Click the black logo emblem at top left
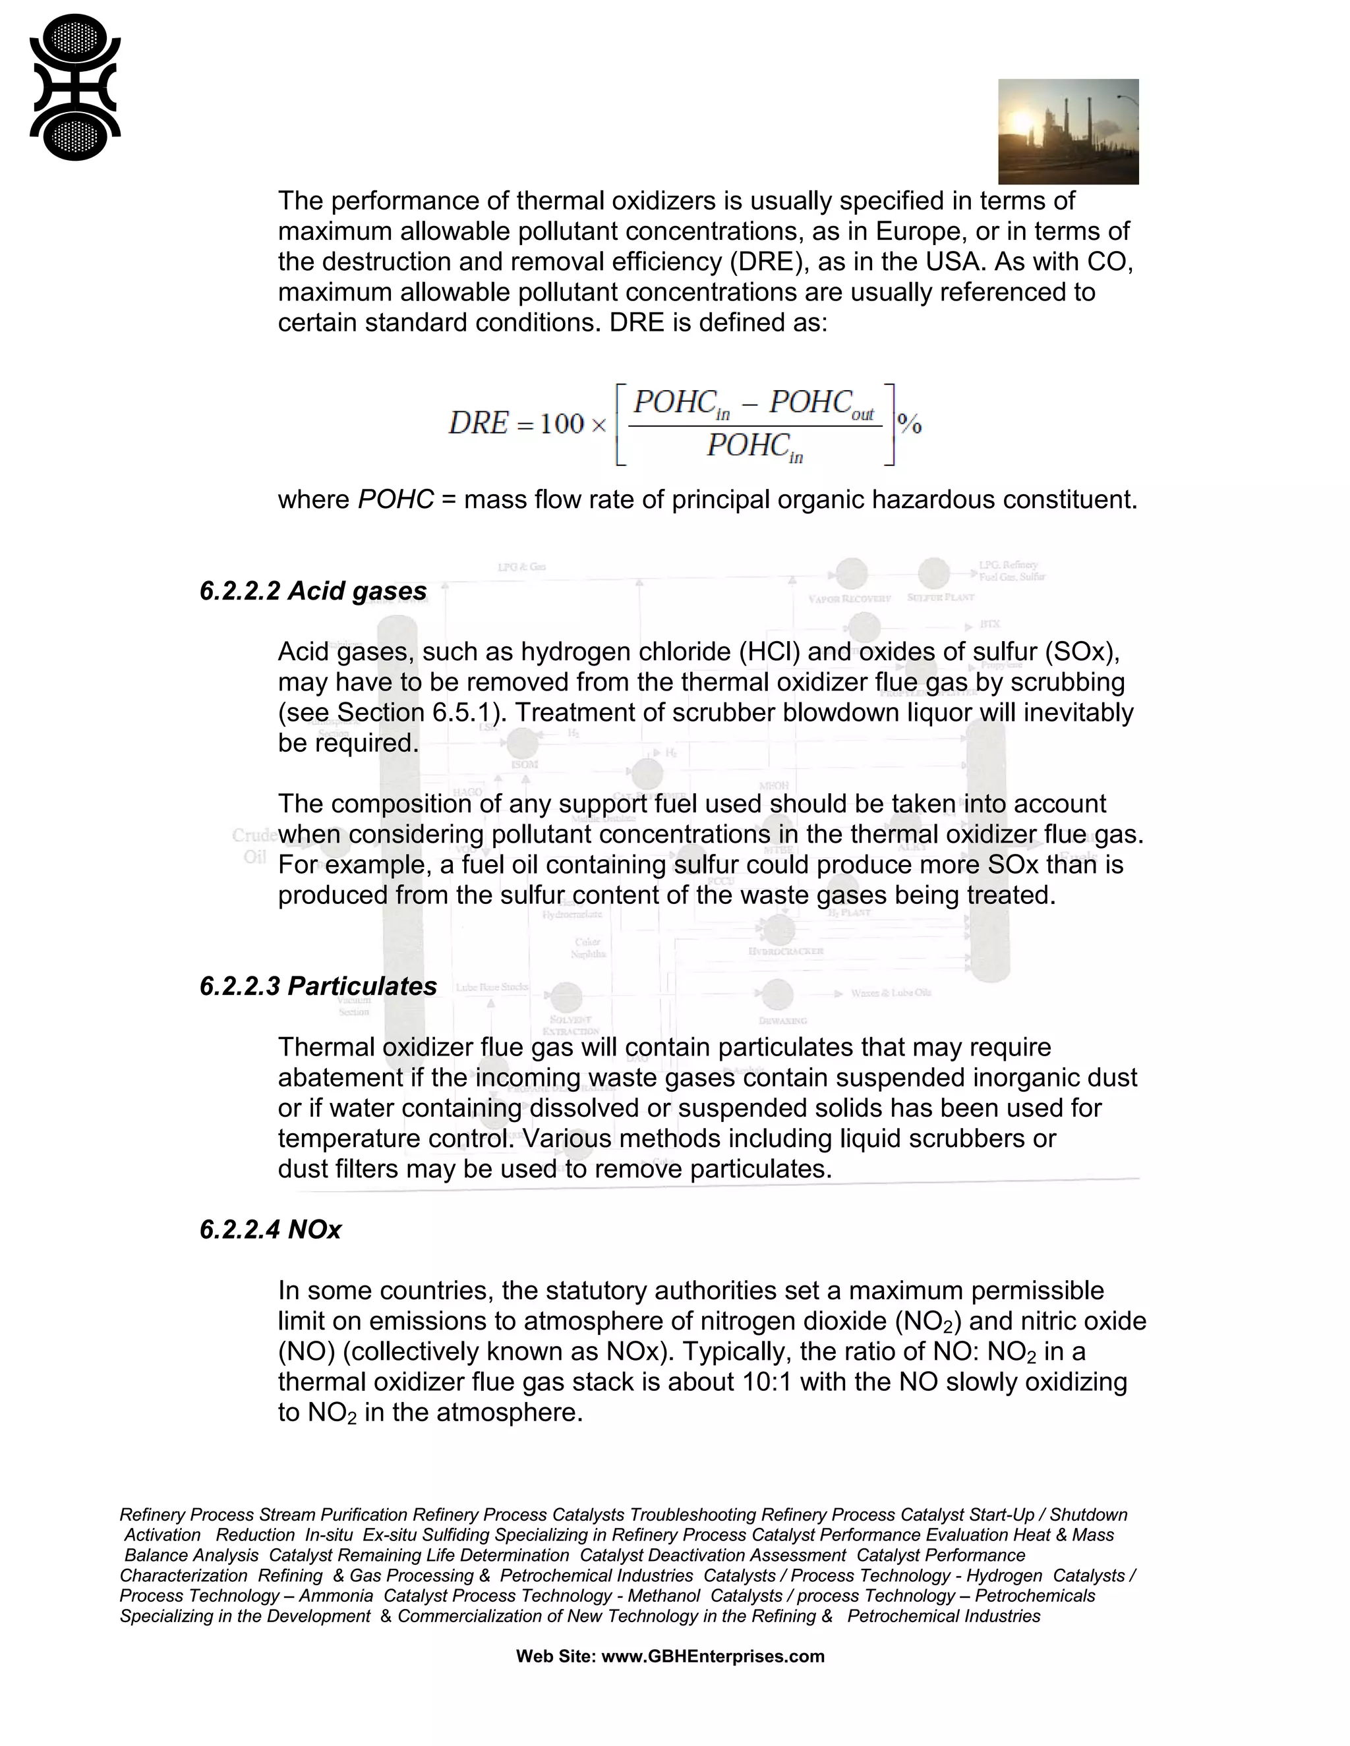[x=74, y=88]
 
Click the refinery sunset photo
[x=1068, y=132]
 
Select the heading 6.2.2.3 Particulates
[x=318, y=986]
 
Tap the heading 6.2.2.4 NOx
[x=270, y=1229]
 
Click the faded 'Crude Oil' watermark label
[x=254, y=846]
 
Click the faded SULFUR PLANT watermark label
[x=941, y=597]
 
